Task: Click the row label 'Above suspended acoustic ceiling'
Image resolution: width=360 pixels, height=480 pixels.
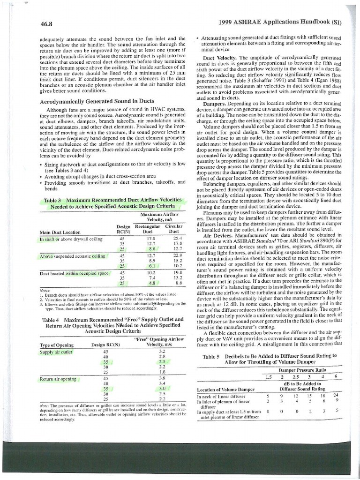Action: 73,256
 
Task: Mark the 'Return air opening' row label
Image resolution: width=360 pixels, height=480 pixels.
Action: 58,378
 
